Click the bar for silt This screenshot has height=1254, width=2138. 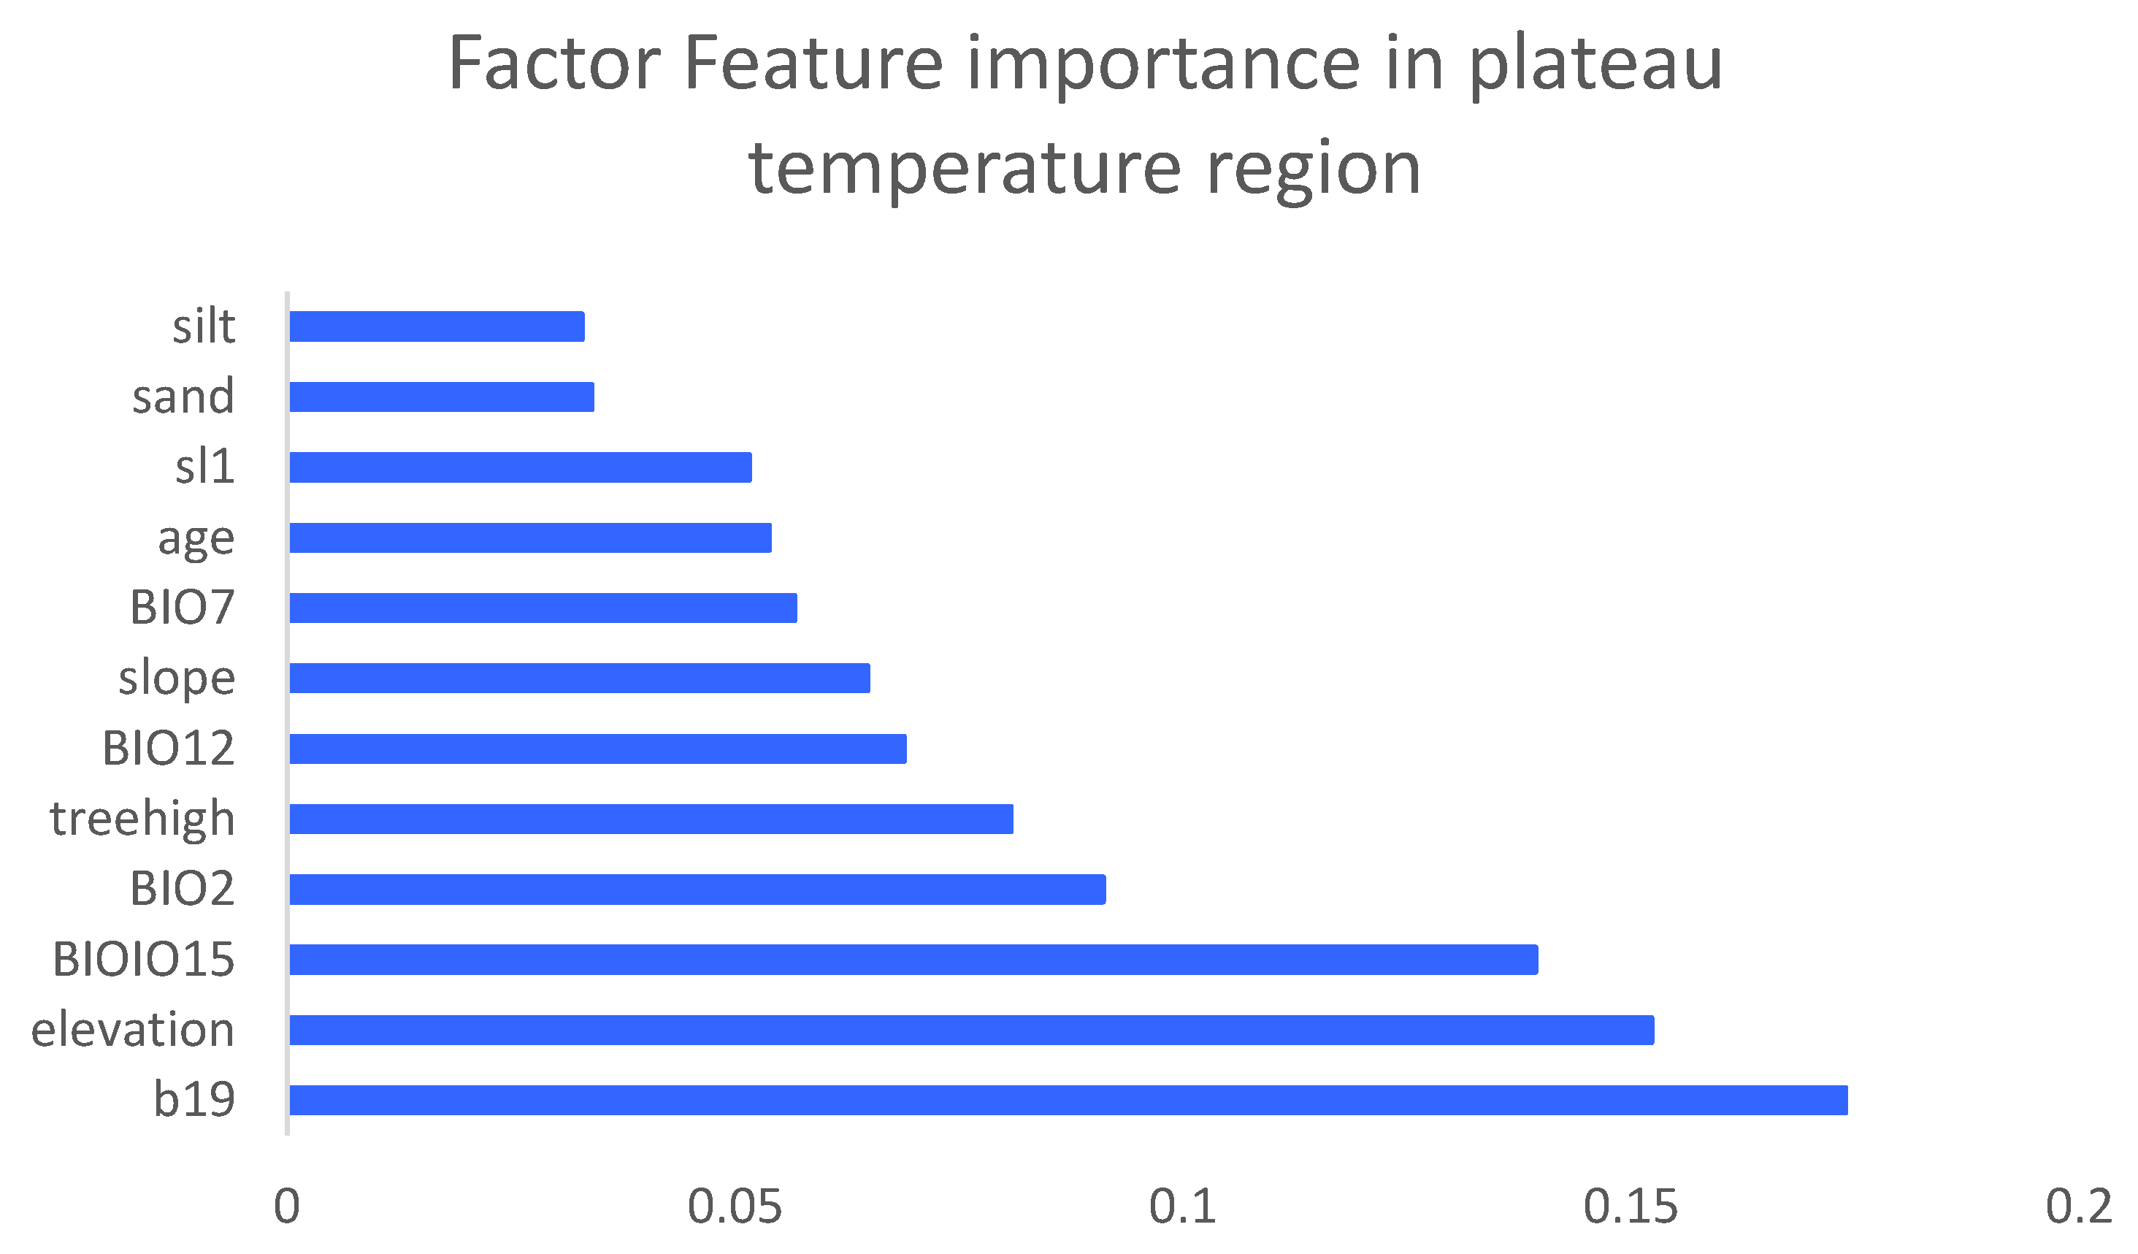pos(437,326)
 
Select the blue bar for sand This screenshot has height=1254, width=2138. pos(442,397)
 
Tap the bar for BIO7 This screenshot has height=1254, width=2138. pos(543,608)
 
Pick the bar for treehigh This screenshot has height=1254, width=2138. pos(651,819)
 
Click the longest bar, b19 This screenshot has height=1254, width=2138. pos(1069,1101)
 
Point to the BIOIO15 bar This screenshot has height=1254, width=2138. pos(913,960)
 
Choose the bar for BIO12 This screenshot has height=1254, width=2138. pos(598,749)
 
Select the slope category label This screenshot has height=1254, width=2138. pos(177,678)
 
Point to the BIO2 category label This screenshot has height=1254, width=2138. pos(182,889)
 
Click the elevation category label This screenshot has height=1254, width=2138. pos(132,1030)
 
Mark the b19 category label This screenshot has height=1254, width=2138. pos(194,1100)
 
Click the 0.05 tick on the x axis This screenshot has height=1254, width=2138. pos(735,1207)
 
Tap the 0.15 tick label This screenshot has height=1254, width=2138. pos(1631,1207)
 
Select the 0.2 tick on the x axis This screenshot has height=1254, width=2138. pos(2079,1207)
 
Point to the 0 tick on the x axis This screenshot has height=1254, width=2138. pos(287,1207)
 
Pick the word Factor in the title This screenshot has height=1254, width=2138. pos(555,63)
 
